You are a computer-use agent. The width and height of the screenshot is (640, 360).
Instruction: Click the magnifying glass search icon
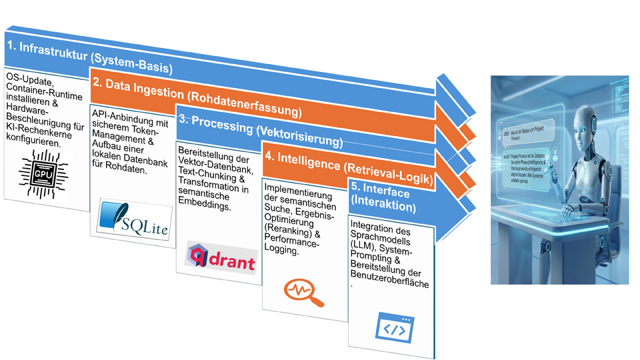(304, 291)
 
